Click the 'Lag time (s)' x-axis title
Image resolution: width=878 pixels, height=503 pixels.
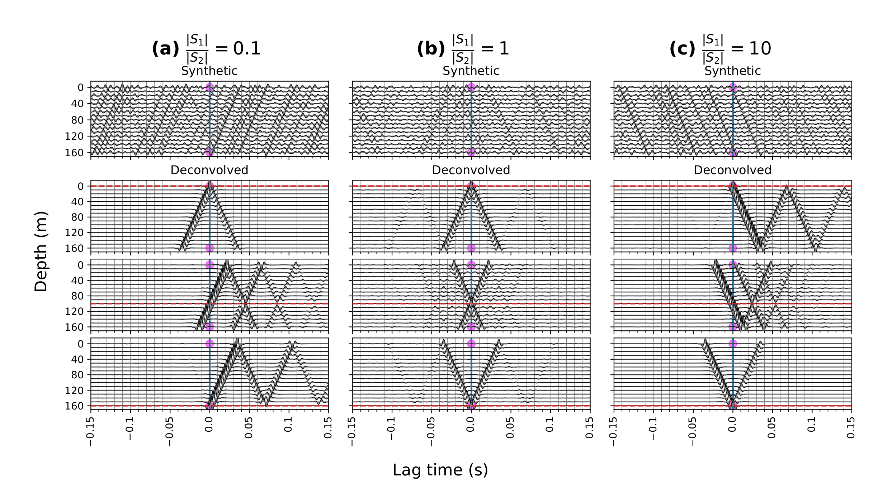coord(440,470)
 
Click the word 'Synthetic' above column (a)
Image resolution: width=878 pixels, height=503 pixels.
coord(209,71)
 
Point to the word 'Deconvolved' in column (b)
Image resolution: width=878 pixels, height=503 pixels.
coord(471,170)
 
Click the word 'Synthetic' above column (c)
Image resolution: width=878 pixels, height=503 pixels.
coord(732,71)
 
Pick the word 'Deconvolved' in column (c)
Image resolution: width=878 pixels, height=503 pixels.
coord(732,170)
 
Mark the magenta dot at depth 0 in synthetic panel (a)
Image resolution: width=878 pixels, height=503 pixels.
coord(210,87)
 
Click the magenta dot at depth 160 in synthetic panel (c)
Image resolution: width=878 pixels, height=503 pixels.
coord(733,152)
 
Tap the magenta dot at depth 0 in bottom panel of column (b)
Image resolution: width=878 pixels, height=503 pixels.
coord(471,344)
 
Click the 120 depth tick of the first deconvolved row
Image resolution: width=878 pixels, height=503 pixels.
coord(76,233)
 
